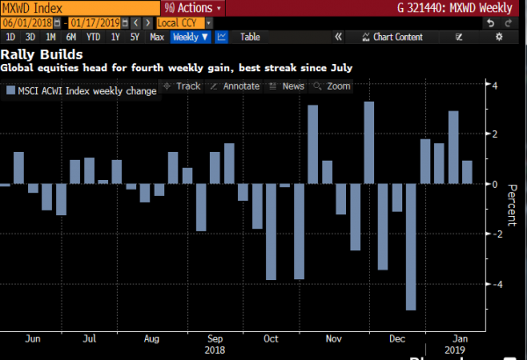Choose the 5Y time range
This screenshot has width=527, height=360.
tap(134, 37)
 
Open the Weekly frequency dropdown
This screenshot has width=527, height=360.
tap(191, 37)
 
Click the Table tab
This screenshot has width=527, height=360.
tap(250, 37)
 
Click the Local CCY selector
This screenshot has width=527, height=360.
tap(176, 23)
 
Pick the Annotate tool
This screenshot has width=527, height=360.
tap(236, 86)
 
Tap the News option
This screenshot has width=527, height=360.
tap(289, 86)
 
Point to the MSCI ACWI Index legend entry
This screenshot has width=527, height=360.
tap(81, 90)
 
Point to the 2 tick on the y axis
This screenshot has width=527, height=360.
tap(496, 134)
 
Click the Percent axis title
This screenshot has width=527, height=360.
tap(512, 209)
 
